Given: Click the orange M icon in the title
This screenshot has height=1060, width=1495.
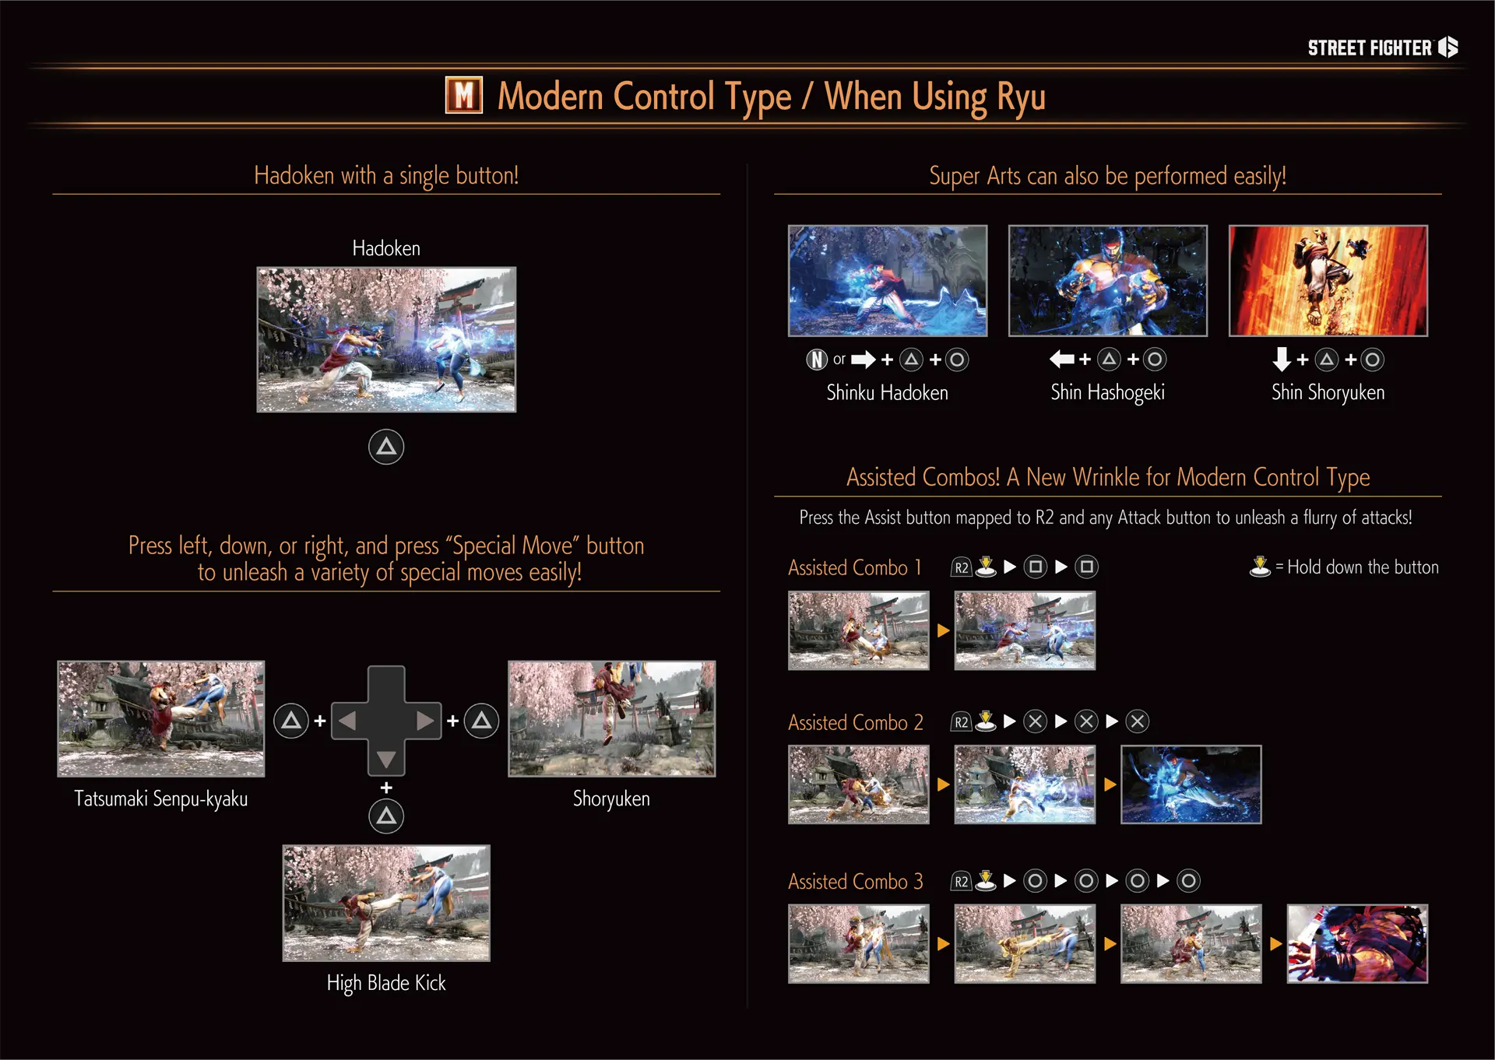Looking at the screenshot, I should pos(463,96).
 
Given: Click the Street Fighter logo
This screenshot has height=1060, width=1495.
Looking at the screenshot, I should pos(1382,48).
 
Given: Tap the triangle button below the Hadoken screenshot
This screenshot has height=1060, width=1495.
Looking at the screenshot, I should pos(386,447).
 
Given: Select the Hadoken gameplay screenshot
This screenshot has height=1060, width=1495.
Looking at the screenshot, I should pos(386,339).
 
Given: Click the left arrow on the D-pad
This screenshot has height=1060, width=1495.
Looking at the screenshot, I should pos(347,721).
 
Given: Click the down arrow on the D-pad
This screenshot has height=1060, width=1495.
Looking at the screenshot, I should pos(386,759).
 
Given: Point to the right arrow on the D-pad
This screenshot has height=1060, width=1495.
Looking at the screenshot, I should pos(425,721).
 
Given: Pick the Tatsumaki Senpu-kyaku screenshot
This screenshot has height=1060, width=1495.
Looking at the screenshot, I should pos(161,718).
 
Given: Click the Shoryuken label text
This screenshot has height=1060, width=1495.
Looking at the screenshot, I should pos(611,799).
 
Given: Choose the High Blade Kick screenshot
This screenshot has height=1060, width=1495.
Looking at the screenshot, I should pos(386,903).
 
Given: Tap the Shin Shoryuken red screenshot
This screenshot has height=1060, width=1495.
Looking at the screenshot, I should pos(1328,281).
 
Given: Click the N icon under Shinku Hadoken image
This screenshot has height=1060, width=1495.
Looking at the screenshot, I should pos(816,360).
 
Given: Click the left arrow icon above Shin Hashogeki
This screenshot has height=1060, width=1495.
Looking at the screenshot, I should pos(1061,359).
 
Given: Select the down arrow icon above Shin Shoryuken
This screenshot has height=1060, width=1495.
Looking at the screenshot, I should pos(1281,359).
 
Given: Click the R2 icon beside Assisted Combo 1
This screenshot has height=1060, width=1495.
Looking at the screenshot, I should pos(962,567).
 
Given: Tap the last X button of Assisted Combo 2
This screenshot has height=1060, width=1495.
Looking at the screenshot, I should pos(1138,721).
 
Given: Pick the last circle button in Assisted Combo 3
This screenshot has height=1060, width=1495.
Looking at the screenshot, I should pos(1188,881).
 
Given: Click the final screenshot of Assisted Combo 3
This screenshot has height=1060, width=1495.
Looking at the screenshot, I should pos(1357,943).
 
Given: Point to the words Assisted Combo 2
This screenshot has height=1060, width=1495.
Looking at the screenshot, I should pos(855,723).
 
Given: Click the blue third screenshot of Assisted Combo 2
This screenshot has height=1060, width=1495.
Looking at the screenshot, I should pos(1191,784).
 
